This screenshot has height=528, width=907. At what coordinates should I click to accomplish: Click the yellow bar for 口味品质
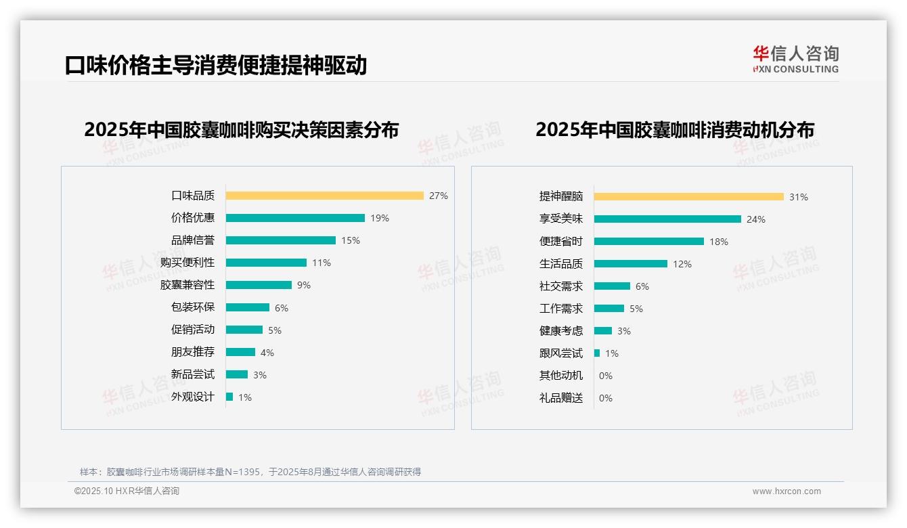[x=324, y=196]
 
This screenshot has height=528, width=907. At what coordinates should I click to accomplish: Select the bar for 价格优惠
[x=295, y=218]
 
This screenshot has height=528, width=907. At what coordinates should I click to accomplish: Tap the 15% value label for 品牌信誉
[x=351, y=240]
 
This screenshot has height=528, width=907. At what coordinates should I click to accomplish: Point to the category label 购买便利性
[x=187, y=263]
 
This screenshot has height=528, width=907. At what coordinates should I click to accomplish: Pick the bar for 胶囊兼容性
[x=259, y=285]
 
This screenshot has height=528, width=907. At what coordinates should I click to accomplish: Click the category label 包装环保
[x=193, y=307]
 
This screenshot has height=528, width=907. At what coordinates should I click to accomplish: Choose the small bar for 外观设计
[x=229, y=397]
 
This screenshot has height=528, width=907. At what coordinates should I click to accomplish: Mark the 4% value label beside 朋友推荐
[x=267, y=353]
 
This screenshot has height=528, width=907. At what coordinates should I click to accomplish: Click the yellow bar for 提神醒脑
[x=689, y=196]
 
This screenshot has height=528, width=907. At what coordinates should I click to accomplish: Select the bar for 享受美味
[x=667, y=219]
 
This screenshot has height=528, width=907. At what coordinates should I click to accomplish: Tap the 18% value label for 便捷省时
[x=719, y=242]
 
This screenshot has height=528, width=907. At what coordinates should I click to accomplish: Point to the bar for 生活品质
[x=631, y=264]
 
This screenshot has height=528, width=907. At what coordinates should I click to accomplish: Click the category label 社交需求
[x=561, y=286]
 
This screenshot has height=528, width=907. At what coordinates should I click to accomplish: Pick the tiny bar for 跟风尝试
[x=597, y=353]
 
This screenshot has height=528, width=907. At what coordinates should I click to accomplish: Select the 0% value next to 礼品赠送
[x=606, y=398]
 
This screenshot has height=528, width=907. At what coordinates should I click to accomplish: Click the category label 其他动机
[x=561, y=376]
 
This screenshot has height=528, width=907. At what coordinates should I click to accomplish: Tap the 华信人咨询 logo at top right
[x=795, y=60]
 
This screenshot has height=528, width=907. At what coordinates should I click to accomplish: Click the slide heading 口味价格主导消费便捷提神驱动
[x=216, y=65]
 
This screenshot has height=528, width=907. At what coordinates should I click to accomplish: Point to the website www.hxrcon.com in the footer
[x=787, y=491]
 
